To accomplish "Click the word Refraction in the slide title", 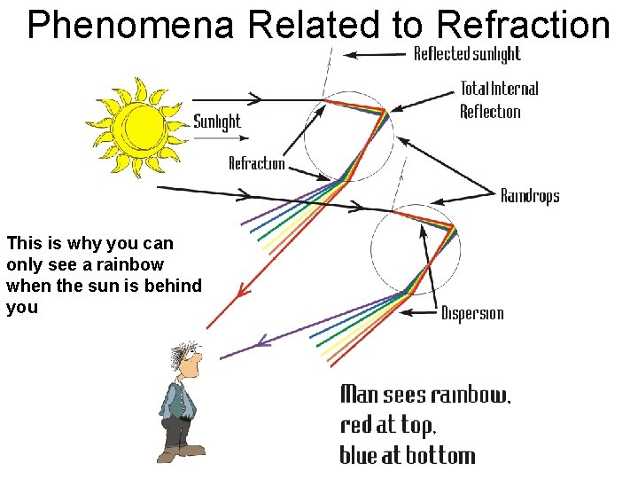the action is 524,26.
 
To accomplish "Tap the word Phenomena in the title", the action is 130,26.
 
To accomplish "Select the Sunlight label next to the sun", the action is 217,122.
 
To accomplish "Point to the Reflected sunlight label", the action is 467,54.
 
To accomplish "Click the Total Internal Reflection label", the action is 499,99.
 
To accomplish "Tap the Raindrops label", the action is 530,195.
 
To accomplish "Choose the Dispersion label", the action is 472,313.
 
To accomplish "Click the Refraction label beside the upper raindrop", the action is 257,163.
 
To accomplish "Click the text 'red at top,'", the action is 387,425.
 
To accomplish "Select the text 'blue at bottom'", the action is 408,455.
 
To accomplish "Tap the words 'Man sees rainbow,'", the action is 425,395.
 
